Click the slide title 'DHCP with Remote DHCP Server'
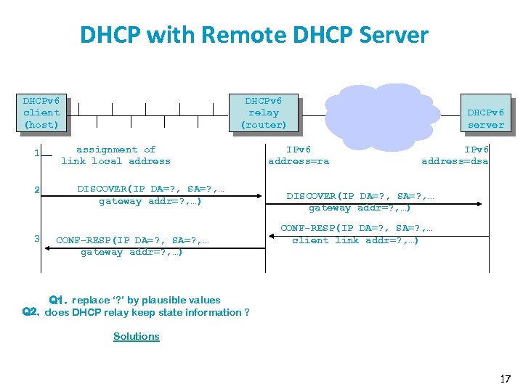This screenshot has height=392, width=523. click(x=254, y=34)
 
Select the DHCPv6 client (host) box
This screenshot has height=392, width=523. click(x=42, y=113)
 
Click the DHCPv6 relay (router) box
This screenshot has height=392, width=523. click(x=263, y=113)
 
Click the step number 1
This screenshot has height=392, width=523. click(x=36, y=153)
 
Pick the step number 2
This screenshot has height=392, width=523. click(x=36, y=190)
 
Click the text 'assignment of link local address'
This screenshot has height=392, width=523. click(x=116, y=155)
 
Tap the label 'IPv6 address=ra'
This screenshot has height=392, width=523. click(x=298, y=155)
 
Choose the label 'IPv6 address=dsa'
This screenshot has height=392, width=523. click(x=455, y=155)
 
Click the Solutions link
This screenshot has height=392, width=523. click(x=136, y=336)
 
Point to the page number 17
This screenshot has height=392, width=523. click(x=506, y=378)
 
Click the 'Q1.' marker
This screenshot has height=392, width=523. click(x=58, y=300)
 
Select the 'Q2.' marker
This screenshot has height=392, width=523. click(x=31, y=312)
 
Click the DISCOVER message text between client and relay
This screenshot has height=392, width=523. click(x=150, y=195)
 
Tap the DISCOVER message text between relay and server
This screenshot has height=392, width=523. click(x=360, y=202)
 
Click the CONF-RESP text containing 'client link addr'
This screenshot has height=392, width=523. click(x=356, y=234)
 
